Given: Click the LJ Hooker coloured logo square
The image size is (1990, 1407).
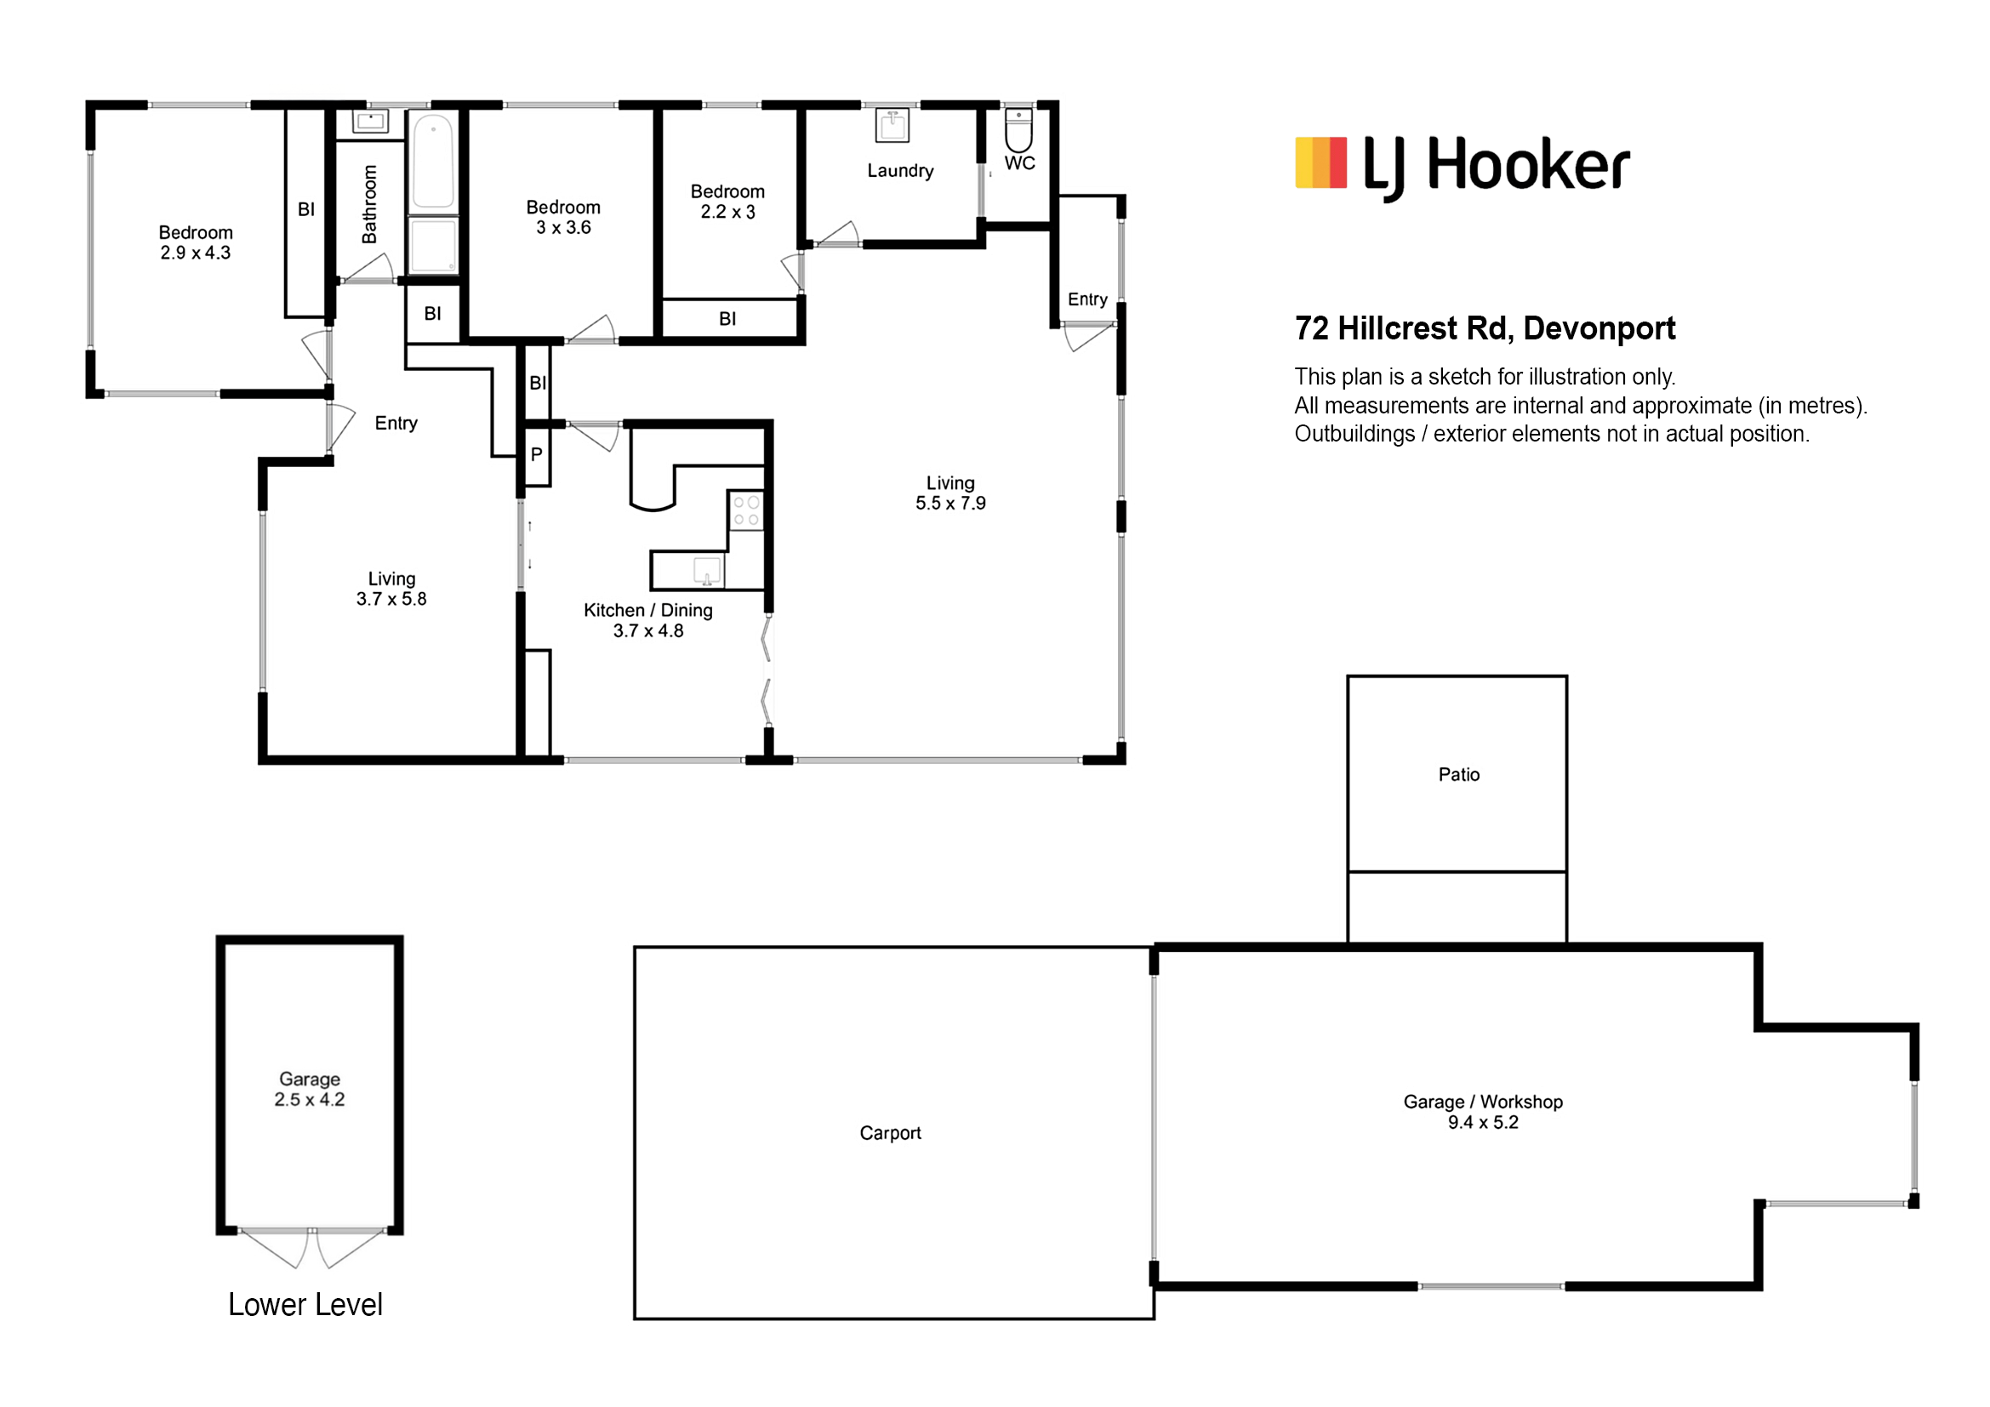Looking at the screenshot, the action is click(x=1321, y=162).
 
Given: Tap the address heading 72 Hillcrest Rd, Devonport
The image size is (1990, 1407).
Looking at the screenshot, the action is click(x=1485, y=328).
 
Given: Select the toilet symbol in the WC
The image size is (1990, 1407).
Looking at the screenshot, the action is click(x=1018, y=129).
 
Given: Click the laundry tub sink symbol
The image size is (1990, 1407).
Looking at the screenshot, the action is click(x=892, y=126).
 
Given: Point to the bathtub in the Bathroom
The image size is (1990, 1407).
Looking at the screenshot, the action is click(x=432, y=162).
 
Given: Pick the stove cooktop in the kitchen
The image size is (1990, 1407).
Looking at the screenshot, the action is click(x=746, y=510).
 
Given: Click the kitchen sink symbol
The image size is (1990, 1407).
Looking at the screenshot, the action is click(x=707, y=571).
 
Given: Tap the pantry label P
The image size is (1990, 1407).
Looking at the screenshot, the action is click(x=537, y=454).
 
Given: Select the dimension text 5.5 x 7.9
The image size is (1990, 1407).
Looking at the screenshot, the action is click(x=951, y=504).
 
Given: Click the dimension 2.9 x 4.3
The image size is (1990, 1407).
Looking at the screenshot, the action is click(x=195, y=253).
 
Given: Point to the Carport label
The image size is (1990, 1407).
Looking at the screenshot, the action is click(x=890, y=1133).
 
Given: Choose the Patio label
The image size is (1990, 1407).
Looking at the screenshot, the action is click(x=1459, y=775).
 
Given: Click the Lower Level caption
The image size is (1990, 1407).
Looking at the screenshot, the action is click(x=305, y=1305).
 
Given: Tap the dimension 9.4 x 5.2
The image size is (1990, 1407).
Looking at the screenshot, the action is click(x=1483, y=1123).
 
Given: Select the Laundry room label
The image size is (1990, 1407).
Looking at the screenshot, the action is click(x=900, y=171).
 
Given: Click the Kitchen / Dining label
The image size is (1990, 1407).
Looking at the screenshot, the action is click(x=648, y=610).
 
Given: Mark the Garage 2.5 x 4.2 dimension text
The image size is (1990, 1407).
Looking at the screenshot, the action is click(x=310, y=1099).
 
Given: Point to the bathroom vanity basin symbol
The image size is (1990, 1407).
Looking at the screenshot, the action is click(x=371, y=121).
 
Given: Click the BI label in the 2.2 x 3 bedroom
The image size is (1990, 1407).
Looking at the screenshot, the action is click(x=727, y=319).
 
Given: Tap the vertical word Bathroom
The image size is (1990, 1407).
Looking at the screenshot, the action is click(x=369, y=204).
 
